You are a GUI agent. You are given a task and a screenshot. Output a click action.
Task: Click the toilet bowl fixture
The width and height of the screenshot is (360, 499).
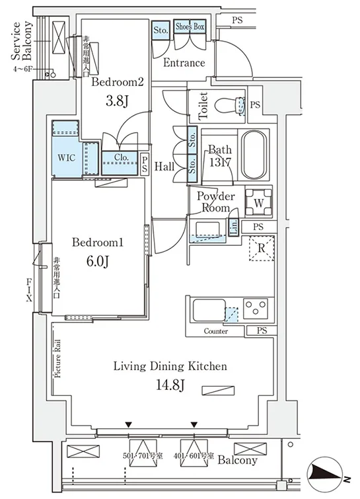[230, 105]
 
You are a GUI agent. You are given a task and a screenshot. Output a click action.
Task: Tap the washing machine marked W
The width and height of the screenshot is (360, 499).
[259, 203]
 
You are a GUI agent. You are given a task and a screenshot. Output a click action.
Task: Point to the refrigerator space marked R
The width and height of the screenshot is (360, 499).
[262, 249]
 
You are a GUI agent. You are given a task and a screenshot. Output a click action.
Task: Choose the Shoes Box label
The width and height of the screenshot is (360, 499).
[190, 26]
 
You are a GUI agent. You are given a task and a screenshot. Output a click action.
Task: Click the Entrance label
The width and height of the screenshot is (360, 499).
[184, 63]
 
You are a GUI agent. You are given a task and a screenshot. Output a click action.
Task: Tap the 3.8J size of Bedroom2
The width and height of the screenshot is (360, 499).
[117, 102]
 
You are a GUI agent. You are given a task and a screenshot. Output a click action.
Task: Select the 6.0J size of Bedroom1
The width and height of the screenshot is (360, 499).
[97, 262]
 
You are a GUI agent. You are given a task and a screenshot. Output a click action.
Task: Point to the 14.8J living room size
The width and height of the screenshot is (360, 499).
[170, 385]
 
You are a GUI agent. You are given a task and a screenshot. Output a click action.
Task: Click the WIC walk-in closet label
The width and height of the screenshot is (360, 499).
[67, 158]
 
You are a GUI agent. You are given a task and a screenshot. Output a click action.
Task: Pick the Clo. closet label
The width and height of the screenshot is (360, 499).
[122, 157]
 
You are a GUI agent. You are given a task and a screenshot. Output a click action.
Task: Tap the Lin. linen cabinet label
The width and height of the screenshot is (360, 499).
[234, 227]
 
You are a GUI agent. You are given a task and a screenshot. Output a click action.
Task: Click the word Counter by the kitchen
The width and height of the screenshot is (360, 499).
[216, 331]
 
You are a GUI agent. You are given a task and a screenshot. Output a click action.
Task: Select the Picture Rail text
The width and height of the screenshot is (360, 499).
[58, 359]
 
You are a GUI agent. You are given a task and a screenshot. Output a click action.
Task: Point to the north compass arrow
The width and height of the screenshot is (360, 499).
[327, 473]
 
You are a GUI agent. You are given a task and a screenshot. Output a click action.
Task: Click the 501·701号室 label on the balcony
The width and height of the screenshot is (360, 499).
[143, 456]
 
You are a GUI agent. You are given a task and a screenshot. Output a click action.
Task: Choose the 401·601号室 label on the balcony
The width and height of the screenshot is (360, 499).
[194, 456]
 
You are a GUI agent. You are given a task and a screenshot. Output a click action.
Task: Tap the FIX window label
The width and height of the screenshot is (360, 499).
[29, 290]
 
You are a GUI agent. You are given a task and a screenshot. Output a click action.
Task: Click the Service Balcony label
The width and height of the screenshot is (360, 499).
[22, 41]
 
